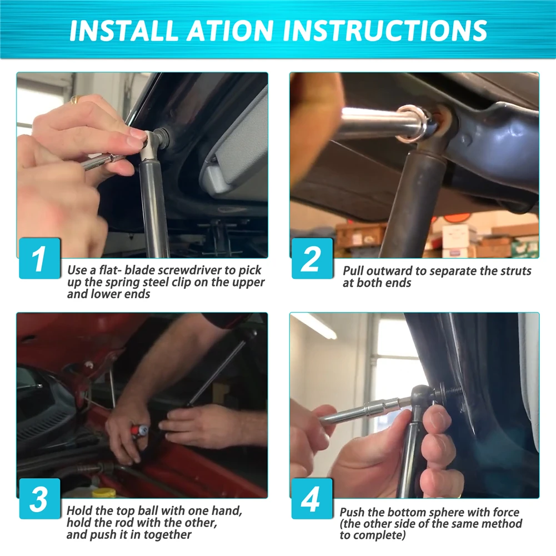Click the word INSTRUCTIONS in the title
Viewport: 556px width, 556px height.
click(385, 30)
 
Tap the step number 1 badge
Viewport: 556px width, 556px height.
click(40, 258)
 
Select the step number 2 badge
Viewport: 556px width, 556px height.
click(312, 258)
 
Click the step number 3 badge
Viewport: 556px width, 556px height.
click(40, 499)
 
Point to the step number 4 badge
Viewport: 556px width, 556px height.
click(312, 499)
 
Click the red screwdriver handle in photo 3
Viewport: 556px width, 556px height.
click(137, 432)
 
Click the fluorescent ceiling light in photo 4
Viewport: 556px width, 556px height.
click(315, 326)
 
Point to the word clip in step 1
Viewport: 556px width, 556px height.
click(181, 282)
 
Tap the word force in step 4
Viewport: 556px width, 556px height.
click(506, 512)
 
